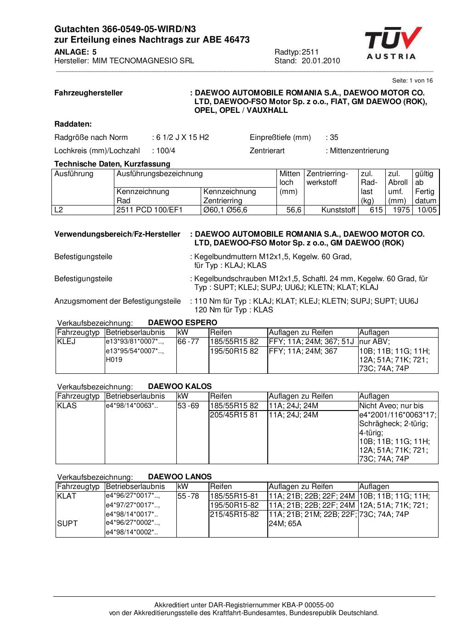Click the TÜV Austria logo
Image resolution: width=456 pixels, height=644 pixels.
pyautogui.click(x=393, y=44)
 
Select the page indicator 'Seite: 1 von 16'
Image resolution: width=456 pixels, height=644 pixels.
pyautogui.click(x=412, y=81)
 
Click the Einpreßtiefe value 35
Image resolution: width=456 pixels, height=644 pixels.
pyautogui.click(x=334, y=137)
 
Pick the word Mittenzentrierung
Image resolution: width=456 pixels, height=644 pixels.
pyautogui.click(x=359, y=150)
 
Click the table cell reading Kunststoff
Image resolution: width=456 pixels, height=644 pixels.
pyautogui.click(x=338, y=210)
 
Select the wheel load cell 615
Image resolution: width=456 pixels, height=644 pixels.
pyautogui.click(x=376, y=210)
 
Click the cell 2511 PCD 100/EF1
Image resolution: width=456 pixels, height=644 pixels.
pyautogui.click(x=150, y=210)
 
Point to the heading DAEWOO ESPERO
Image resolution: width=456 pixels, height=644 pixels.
pyautogui.click(x=182, y=322)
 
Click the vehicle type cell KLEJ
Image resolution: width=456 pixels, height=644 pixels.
pyautogui.click(x=66, y=342)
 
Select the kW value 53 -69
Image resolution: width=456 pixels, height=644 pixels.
pyautogui.click(x=188, y=405)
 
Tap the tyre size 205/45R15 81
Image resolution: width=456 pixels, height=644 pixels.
pyautogui.click(x=234, y=415)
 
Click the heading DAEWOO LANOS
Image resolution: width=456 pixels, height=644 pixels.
pyautogui.click(x=180, y=477)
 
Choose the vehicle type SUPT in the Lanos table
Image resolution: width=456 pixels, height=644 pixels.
pyautogui.click(x=67, y=523)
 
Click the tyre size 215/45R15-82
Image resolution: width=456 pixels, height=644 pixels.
pyautogui.click(x=234, y=514)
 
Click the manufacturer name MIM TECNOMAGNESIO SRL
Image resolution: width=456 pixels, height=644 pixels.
pyautogui.click(x=143, y=61)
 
